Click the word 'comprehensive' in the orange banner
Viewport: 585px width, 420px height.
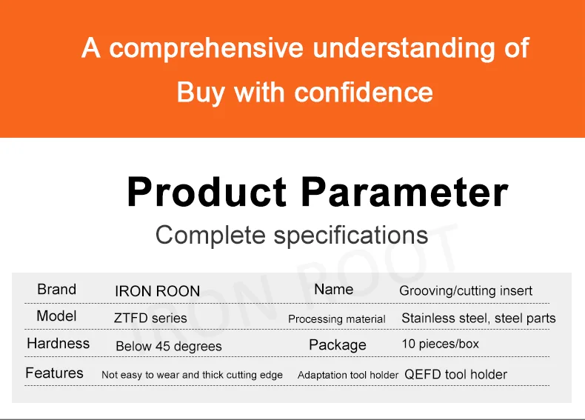pos(206,49)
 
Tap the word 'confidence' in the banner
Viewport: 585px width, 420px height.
pos(364,92)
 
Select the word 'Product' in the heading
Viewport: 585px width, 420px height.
pos(207,192)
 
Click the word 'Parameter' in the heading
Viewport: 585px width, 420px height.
pos(404,192)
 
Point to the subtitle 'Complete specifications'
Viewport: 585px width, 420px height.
pos(292,236)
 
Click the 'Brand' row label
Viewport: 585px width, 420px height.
pos(57,290)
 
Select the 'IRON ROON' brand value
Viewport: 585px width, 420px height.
pos(158,291)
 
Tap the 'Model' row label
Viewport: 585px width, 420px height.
pos(57,316)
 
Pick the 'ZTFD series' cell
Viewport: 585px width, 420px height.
pos(150,318)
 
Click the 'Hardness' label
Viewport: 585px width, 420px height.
pos(58,344)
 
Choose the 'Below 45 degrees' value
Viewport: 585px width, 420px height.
pos(169,347)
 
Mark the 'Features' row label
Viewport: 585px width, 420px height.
pos(55,373)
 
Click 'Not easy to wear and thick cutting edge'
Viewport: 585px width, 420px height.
pos(192,375)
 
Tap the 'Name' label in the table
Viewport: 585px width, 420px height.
pos(334,290)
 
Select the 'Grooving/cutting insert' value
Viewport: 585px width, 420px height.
pos(466,291)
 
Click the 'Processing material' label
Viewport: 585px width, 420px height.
pos(336,319)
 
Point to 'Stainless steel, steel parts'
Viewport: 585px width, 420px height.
pos(478,318)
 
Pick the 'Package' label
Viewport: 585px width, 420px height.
pos(338,345)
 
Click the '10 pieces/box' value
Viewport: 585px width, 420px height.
pos(441,344)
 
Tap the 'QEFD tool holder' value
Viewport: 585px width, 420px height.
pos(456,374)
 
